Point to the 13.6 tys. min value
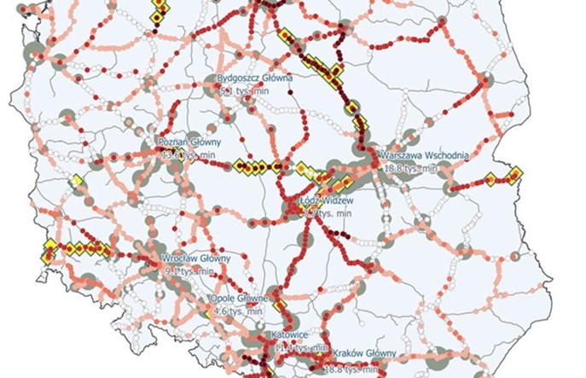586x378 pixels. tap(186, 154)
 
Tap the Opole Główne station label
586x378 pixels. tap(240, 299)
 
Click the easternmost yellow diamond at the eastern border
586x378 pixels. tap(515, 174)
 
